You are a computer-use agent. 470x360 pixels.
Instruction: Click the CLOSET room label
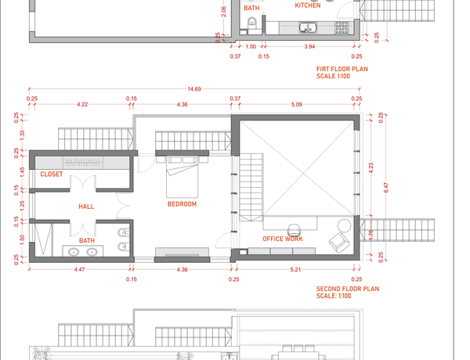[x=52, y=174]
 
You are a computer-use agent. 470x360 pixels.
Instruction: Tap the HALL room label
[x=86, y=207]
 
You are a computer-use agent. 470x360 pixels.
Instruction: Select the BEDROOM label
[x=182, y=204]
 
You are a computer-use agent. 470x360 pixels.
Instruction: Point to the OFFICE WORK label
[x=283, y=239]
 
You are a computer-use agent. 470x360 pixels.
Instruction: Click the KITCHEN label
[x=308, y=5]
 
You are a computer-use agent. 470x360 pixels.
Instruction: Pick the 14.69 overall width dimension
[x=194, y=89]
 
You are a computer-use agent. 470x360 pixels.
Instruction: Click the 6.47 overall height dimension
[x=386, y=188]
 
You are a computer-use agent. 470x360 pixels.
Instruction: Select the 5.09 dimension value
[x=296, y=104]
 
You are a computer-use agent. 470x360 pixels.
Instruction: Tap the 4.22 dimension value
[x=82, y=104]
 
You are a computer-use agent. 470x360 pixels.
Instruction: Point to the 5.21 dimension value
[x=295, y=269]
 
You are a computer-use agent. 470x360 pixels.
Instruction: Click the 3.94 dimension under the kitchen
[x=309, y=46]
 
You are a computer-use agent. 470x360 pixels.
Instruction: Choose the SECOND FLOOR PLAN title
[x=348, y=289]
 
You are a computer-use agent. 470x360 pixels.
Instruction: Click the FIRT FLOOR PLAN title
[x=342, y=69]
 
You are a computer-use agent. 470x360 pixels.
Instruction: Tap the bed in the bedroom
[x=182, y=177]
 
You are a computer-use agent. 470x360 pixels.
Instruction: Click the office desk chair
[x=294, y=230]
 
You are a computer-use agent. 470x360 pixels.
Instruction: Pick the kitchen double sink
[x=308, y=28]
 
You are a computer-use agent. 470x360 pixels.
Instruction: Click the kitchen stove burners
[x=342, y=27]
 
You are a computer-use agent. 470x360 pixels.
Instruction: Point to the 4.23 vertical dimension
[x=371, y=167]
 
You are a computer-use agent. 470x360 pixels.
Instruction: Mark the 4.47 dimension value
[x=79, y=269]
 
